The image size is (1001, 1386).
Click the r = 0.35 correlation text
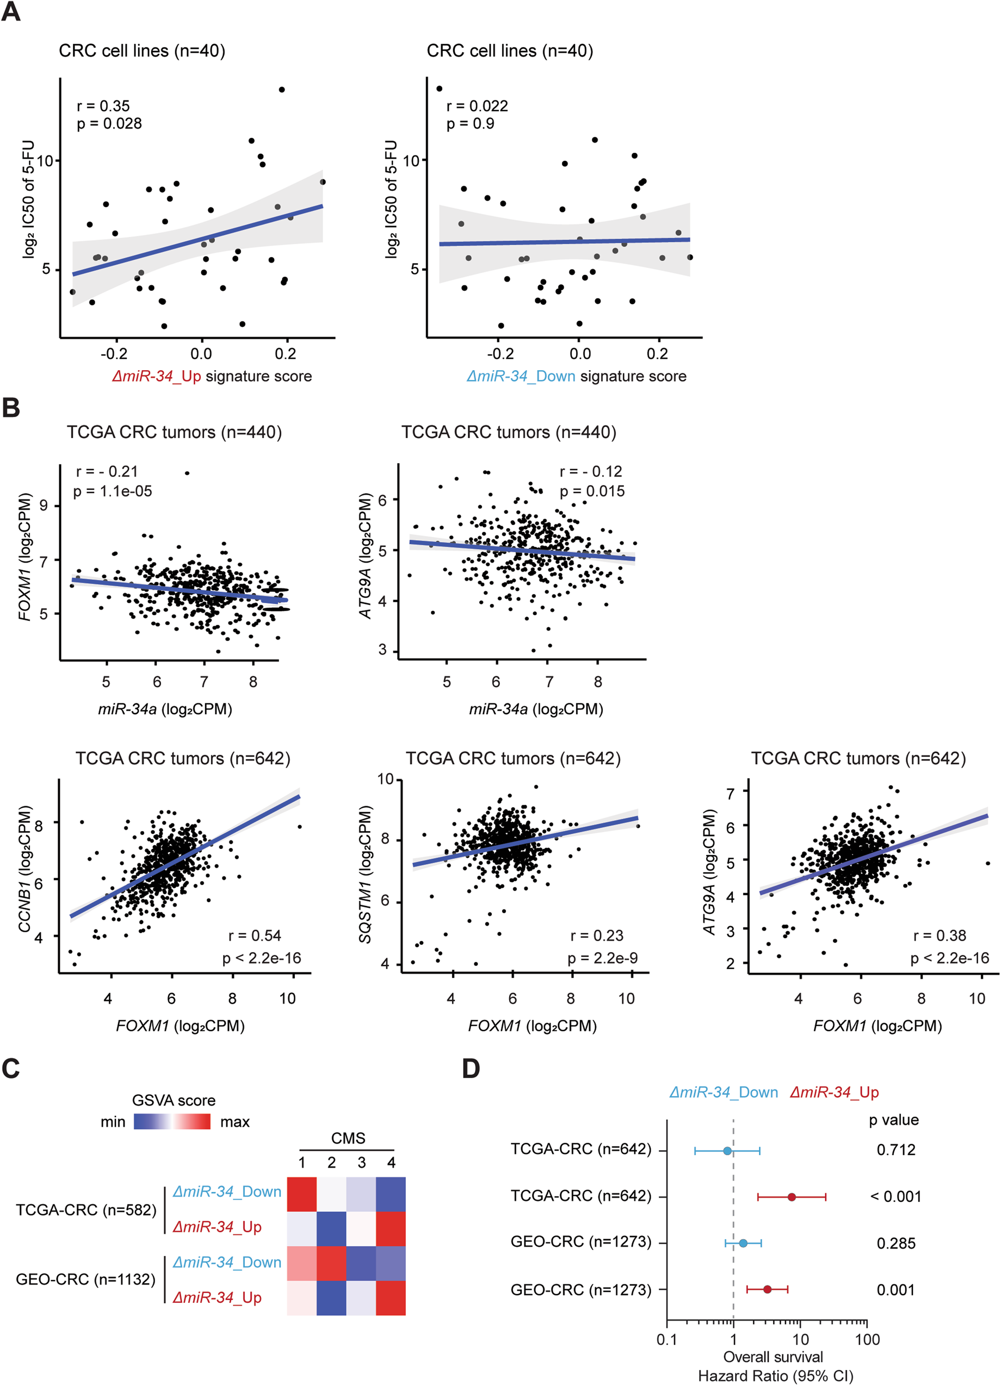(103, 106)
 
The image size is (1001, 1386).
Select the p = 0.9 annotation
(470, 123)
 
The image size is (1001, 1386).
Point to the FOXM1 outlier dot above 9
(187, 473)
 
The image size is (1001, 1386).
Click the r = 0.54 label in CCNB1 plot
(255, 935)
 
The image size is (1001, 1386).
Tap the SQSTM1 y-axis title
(365, 875)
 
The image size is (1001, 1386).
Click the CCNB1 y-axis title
(24, 870)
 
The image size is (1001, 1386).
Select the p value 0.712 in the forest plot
(895, 1150)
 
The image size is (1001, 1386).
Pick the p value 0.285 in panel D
(895, 1243)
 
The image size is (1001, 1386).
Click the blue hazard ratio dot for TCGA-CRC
(727, 1151)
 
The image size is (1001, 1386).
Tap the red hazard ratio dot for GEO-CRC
(767, 1289)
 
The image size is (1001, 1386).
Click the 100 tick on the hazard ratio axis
(867, 1340)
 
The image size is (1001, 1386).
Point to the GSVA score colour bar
(172, 1121)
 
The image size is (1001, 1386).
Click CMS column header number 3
(361, 1162)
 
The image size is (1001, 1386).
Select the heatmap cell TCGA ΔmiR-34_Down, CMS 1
(302, 1194)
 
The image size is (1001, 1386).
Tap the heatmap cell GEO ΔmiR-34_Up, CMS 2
(331, 1298)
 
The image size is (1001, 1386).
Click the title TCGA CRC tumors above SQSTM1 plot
(513, 758)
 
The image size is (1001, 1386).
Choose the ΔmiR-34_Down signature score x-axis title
(576, 376)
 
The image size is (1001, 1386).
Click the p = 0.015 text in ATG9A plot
(592, 491)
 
